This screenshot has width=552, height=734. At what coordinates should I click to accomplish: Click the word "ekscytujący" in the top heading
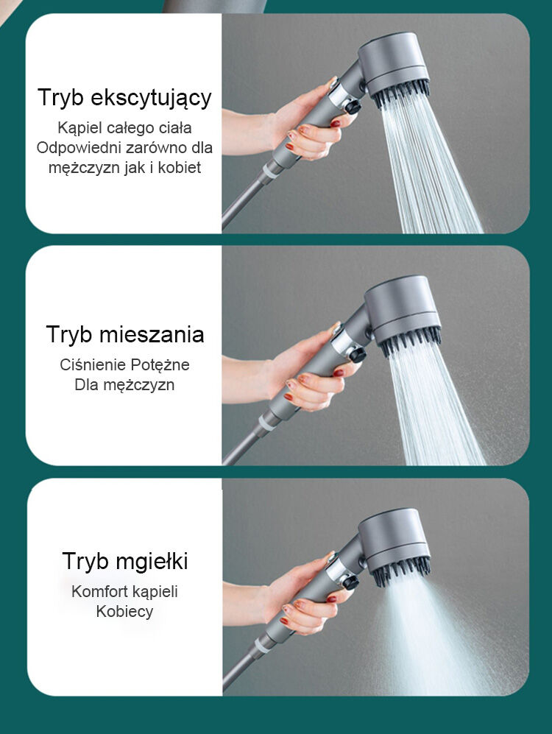151,99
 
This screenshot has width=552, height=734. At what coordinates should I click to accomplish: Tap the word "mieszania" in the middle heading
152,334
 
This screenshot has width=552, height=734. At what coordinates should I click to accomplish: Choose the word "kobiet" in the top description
180,168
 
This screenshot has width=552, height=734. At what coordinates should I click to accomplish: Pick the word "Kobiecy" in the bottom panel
124,611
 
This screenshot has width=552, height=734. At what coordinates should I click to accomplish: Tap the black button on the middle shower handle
358,354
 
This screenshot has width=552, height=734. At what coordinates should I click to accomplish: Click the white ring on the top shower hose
270,171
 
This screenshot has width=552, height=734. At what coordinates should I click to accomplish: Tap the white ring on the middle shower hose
267,423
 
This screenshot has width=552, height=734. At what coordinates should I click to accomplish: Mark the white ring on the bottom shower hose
262,645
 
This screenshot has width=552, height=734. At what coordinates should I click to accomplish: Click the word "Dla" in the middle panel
86,385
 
